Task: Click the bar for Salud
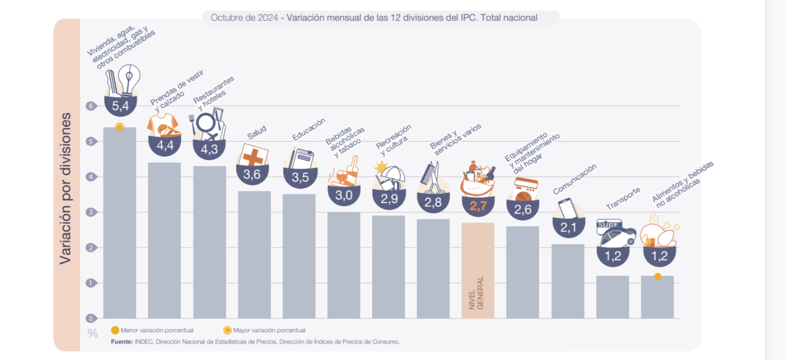(x=254, y=254)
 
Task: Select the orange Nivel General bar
(x=478, y=270)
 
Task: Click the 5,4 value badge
(x=120, y=106)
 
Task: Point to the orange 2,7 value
(x=478, y=207)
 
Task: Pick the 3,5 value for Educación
(x=300, y=178)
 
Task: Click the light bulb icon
(x=129, y=80)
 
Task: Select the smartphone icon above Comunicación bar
(x=567, y=207)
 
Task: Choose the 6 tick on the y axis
(x=91, y=106)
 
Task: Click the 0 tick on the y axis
(x=91, y=318)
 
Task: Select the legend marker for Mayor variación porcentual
(x=227, y=330)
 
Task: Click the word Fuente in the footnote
(x=122, y=341)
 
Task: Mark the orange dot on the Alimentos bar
(x=658, y=276)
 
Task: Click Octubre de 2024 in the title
(x=244, y=17)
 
